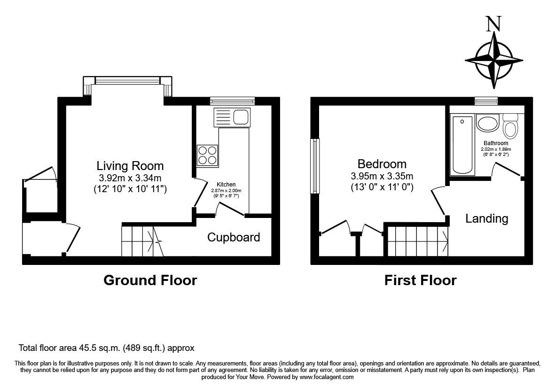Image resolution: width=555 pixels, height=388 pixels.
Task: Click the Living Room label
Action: [130, 166]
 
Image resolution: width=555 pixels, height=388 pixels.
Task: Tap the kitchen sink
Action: [232, 117]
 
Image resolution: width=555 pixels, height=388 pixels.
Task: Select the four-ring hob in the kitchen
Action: [207, 156]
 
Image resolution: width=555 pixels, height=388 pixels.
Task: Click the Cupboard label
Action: [234, 237]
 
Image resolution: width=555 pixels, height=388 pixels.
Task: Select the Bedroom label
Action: [382, 164]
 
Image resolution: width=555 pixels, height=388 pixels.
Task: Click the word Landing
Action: [487, 218]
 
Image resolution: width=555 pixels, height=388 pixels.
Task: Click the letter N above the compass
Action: [494, 24]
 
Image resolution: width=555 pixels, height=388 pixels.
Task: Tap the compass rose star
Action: [494, 60]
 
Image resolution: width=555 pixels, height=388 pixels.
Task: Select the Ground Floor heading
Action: [150, 280]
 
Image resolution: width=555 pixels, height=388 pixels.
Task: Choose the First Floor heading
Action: [421, 280]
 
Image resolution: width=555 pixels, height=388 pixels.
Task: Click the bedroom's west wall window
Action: [314, 166]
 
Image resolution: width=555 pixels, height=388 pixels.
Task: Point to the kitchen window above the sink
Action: [232, 101]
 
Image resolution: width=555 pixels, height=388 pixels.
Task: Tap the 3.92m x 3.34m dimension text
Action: [130, 178]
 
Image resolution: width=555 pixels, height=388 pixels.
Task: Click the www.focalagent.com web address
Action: [327, 377]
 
